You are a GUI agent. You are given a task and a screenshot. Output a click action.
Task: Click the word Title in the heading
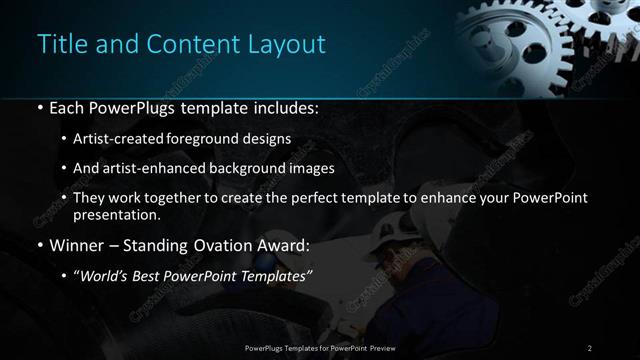click(x=58, y=45)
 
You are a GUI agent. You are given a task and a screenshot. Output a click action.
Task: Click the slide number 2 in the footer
click(x=590, y=347)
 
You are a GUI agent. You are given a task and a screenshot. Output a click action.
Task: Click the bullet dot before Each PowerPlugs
click(x=39, y=107)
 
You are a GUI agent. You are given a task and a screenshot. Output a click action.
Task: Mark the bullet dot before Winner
click(x=39, y=246)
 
